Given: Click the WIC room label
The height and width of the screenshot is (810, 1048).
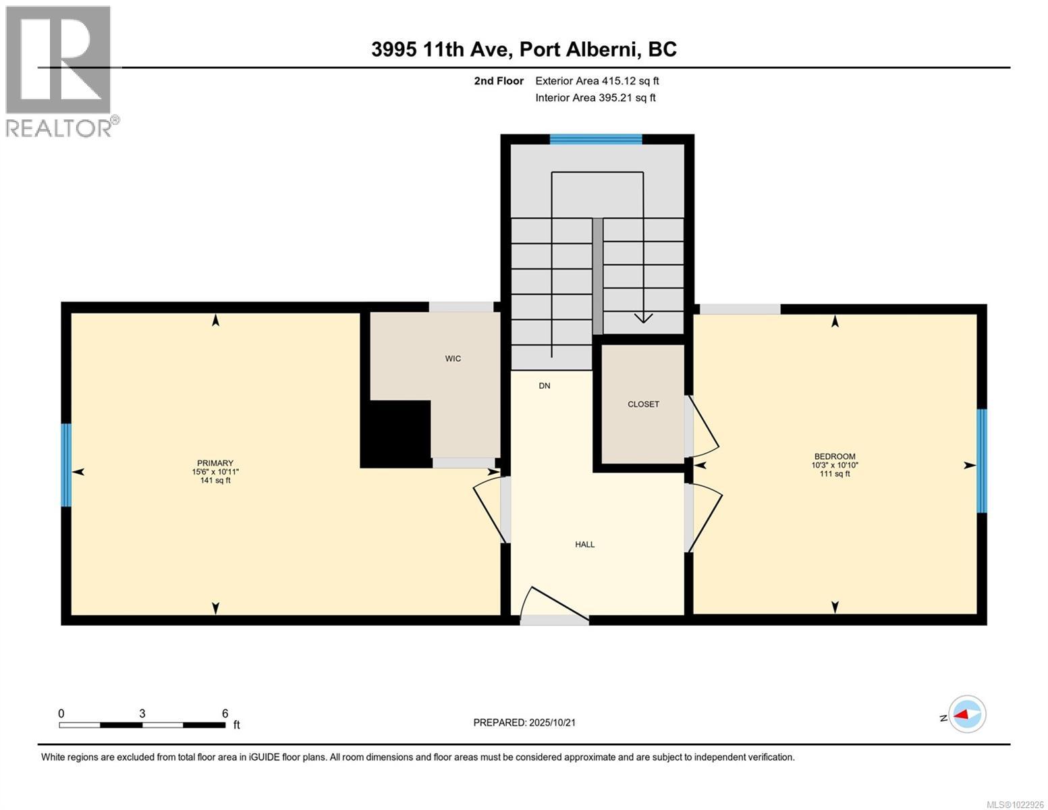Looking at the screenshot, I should (x=453, y=358).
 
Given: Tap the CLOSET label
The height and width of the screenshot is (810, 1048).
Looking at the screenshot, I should (x=643, y=404).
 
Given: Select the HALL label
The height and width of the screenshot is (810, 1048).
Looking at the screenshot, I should (x=584, y=544).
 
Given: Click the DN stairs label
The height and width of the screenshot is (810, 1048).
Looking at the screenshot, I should (x=545, y=386).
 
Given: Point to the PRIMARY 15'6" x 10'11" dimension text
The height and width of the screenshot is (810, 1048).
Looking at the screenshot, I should (x=215, y=472).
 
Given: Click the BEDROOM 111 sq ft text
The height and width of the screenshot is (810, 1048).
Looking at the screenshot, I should (x=834, y=474).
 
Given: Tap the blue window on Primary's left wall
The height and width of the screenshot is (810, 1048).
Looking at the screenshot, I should (x=66, y=465).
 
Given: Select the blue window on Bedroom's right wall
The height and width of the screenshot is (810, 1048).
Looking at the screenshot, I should (x=982, y=461).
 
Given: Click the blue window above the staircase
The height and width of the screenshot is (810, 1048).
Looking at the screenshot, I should (x=595, y=140).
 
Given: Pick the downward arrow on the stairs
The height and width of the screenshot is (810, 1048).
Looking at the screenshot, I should (x=643, y=317).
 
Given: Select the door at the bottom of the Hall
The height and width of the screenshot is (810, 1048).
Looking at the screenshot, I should (x=553, y=604).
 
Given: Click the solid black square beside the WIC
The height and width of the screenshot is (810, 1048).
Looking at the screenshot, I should (x=396, y=433).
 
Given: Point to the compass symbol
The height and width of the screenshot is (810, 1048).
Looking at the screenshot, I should (x=967, y=714).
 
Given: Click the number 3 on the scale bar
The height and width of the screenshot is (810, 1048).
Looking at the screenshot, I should (x=142, y=713).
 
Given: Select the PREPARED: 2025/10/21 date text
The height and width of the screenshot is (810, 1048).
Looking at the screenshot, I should (x=524, y=722).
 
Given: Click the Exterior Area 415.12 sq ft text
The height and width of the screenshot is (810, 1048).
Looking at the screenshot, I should (x=597, y=81).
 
